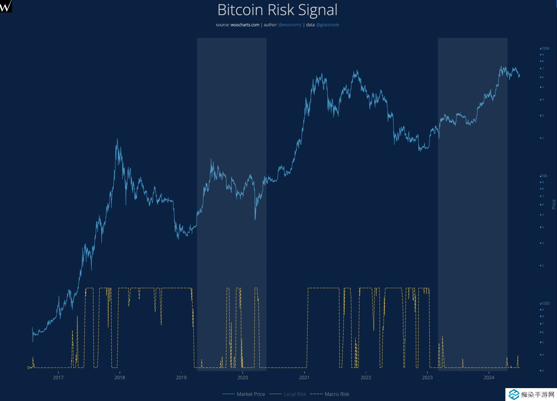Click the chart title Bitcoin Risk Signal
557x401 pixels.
tap(277, 10)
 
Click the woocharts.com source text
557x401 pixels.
tap(245, 25)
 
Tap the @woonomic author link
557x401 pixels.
tap(290, 25)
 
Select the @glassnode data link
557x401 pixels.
tap(328, 25)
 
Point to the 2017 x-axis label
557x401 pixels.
tap(58, 378)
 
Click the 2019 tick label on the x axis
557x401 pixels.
tap(181, 378)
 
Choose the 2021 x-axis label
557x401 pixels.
tap(304, 378)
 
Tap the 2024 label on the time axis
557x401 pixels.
tap(489, 378)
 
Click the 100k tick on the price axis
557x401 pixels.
tap(545, 48)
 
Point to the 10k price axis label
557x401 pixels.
tap(544, 176)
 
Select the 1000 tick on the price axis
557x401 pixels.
tap(545, 304)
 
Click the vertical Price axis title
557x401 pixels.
tap(553, 204)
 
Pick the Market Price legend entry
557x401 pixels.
tap(251, 394)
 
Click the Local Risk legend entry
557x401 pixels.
tap(295, 394)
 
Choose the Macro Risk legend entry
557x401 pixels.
tap(337, 394)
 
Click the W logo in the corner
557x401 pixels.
tap(6, 6)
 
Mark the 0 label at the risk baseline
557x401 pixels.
tap(28, 368)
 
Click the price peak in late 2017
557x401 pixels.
tap(117, 140)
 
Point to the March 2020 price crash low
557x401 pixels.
tap(255, 219)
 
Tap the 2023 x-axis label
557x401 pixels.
tap(427, 378)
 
